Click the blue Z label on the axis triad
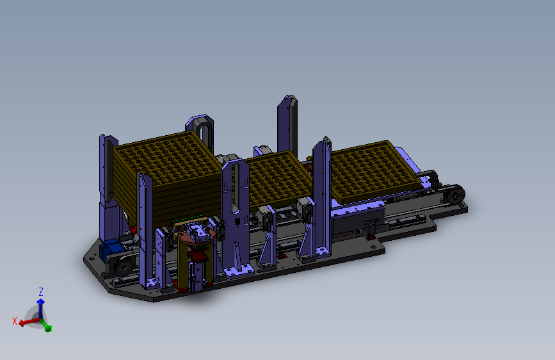(41, 292)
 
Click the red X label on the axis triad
(15, 321)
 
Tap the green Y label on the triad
(51, 329)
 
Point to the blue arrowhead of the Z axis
(41, 302)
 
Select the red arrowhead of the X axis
(22, 323)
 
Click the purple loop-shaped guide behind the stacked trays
(200, 132)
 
